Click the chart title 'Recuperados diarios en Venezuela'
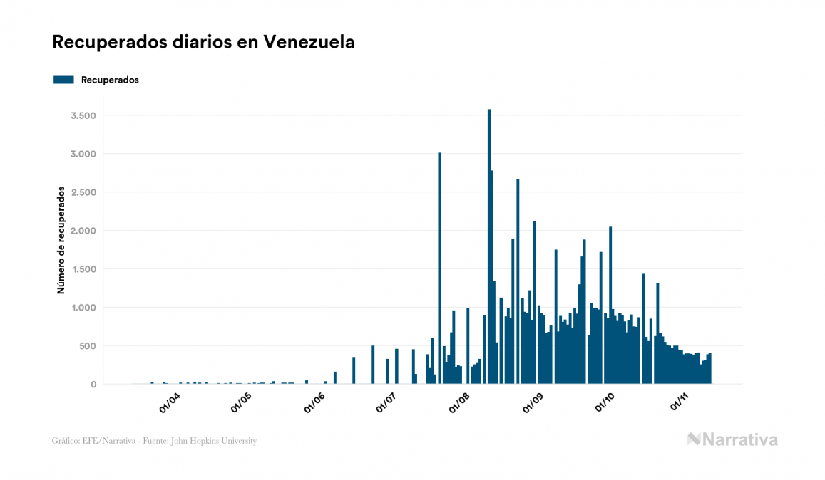[x=203, y=43]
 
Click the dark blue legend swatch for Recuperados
[x=63, y=80]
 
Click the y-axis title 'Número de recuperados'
[x=61, y=241]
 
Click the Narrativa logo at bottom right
[x=732, y=439]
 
